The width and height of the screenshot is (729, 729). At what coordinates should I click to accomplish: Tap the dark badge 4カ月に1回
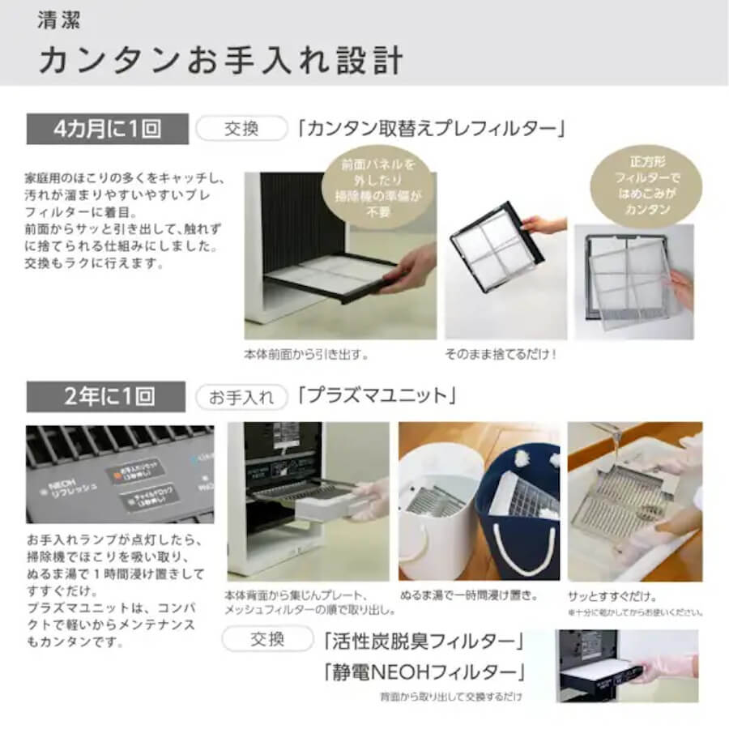click(x=107, y=128)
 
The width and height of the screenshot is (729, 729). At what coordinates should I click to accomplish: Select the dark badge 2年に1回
click(x=107, y=396)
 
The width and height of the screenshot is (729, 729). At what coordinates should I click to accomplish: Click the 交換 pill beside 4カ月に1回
click(x=241, y=128)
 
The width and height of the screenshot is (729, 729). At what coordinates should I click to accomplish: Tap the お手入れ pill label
click(x=241, y=397)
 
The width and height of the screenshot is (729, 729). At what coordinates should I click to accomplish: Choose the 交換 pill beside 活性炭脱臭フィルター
click(x=267, y=640)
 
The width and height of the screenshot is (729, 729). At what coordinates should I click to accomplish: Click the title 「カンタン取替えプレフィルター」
click(x=430, y=128)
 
